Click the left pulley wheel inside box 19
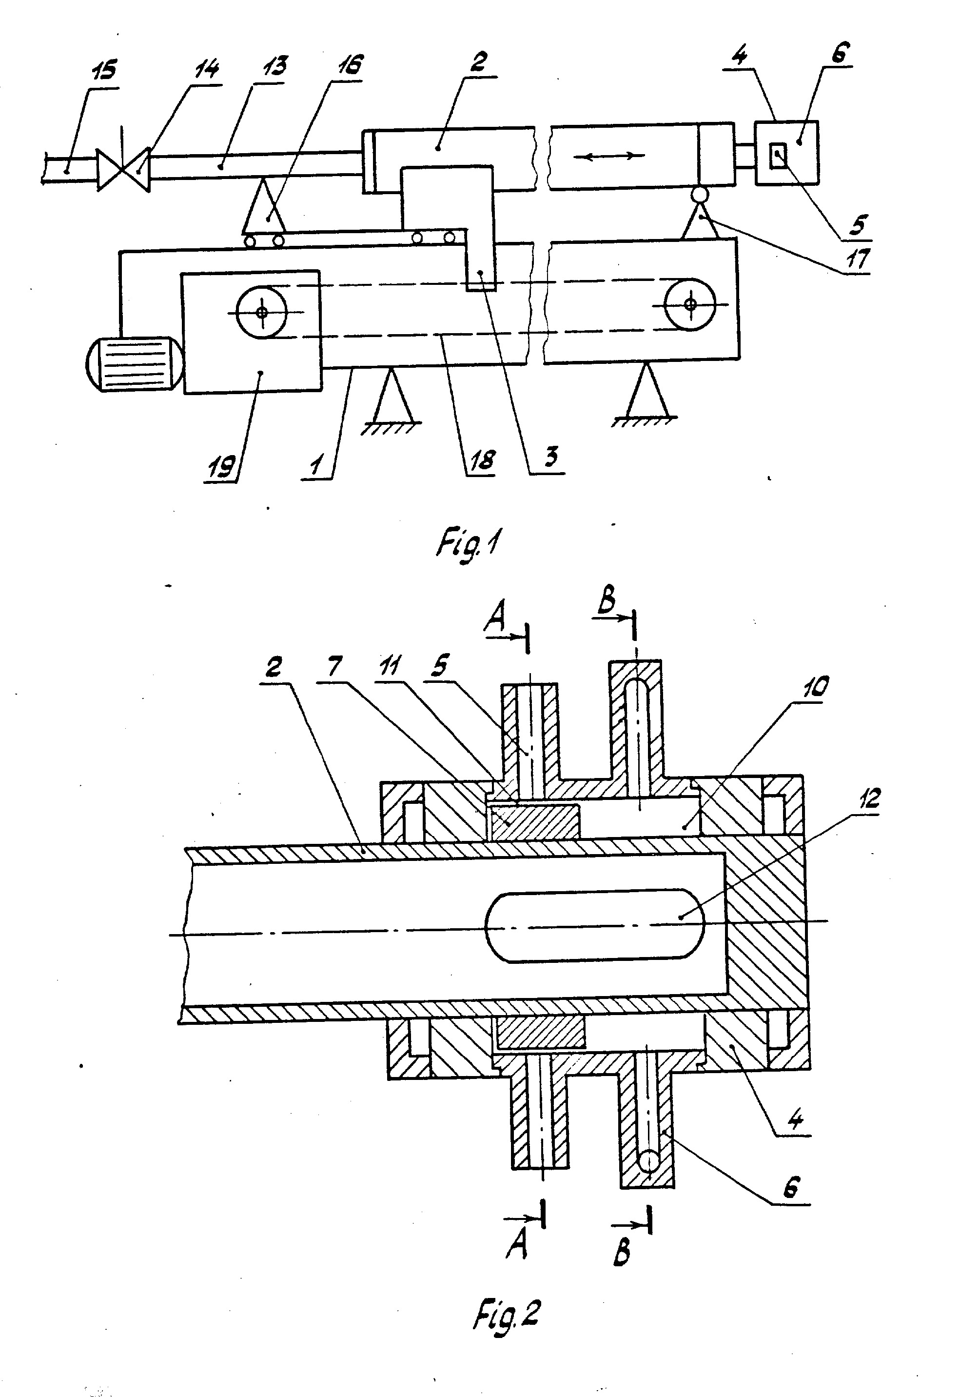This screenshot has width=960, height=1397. pyautogui.click(x=262, y=312)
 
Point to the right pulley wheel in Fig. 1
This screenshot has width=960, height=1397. pyautogui.click(x=690, y=303)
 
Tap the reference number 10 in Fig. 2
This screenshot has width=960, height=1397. pyautogui.click(x=815, y=686)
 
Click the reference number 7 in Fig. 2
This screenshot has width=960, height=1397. pyautogui.click(x=334, y=665)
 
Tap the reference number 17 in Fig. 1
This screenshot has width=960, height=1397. pyautogui.click(x=857, y=259)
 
